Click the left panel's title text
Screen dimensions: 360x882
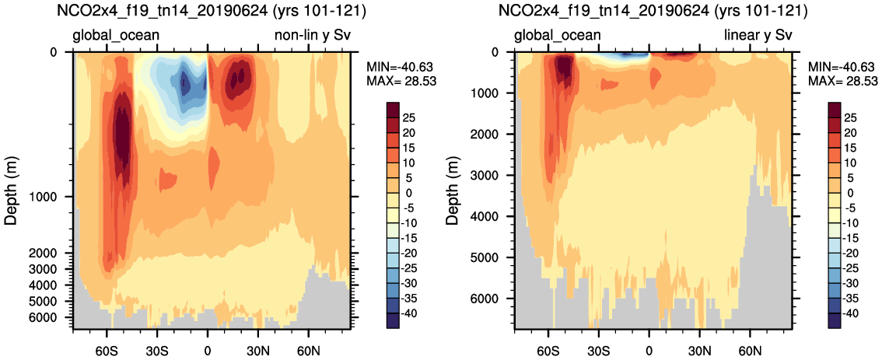coord(211,12)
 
